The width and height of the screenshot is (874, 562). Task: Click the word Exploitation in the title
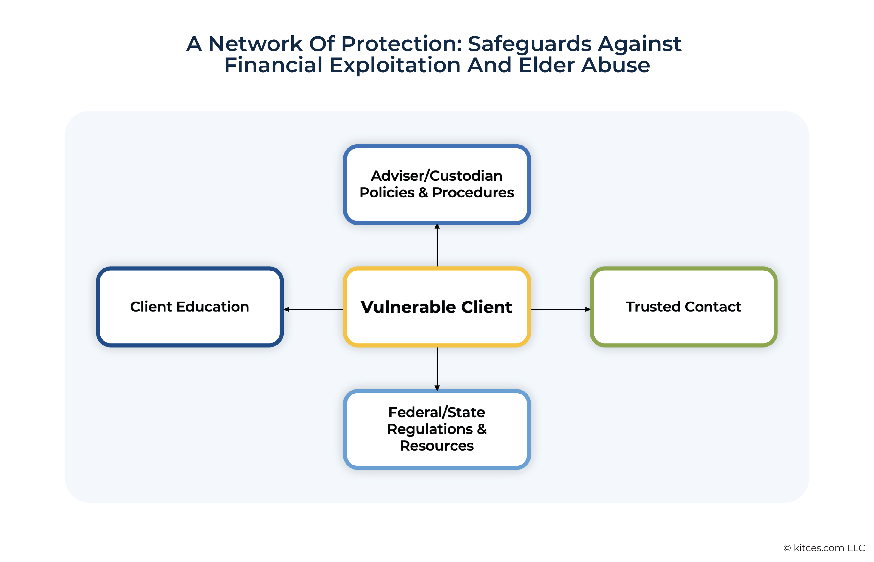[395, 65]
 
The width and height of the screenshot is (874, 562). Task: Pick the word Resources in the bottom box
[436, 445]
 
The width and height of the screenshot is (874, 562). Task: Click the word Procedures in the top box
[473, 192]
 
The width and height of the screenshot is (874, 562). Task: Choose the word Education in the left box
[213, 306]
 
